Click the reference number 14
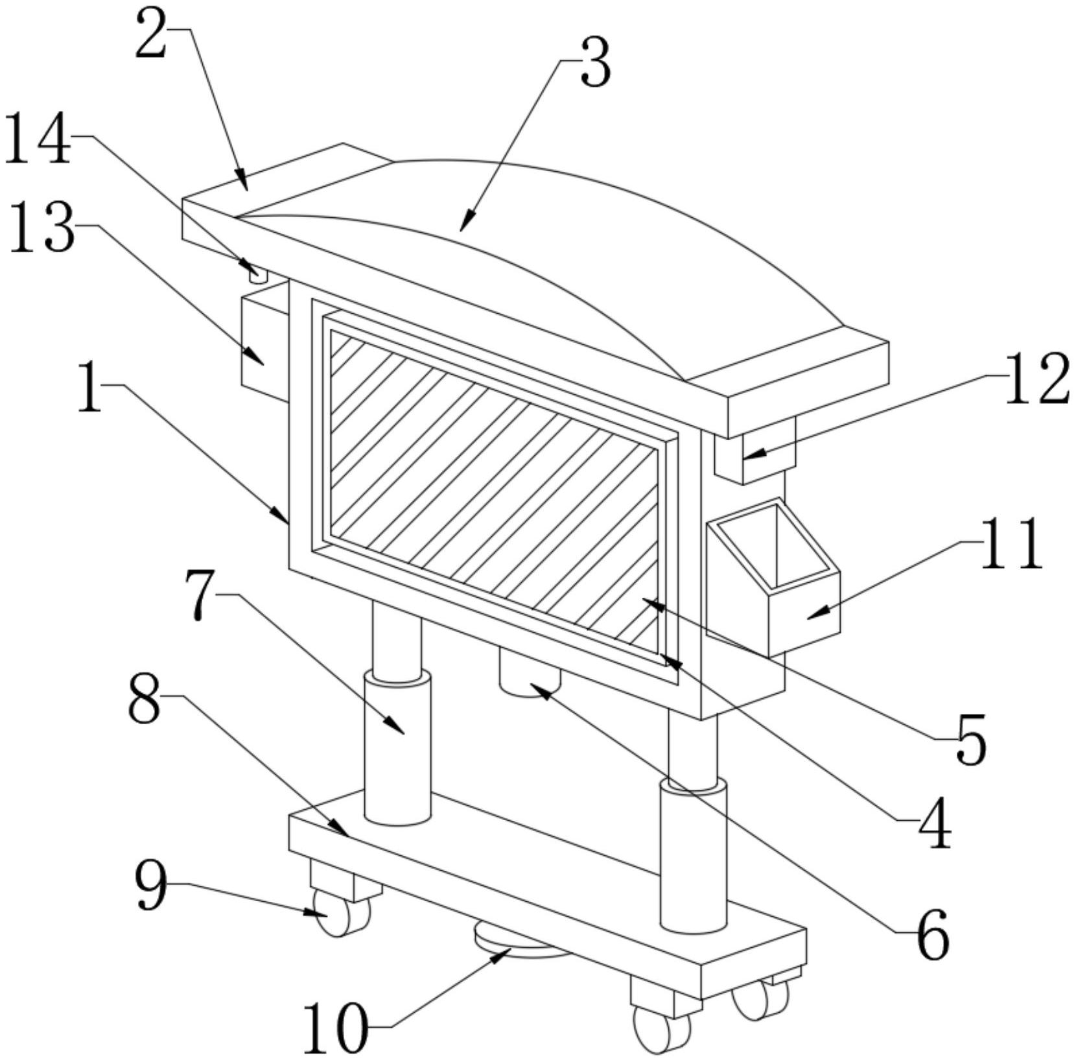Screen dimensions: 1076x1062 click(37, 139)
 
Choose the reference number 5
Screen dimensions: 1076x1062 click(971, 739)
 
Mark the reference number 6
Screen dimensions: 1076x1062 click(933, 934)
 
